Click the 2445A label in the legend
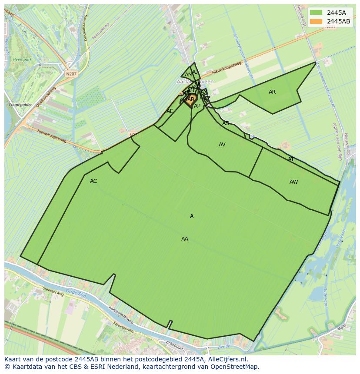tap(337, 13)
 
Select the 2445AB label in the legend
tap(339, 21)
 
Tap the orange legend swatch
tap(317, 21)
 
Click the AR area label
tap(272, 92)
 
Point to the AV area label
tap(222, 145)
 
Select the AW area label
tap(294, 182)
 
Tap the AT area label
tap(291, 159)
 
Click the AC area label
tap(93, 181)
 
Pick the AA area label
tap(185, 239)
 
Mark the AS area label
tap(226, 123)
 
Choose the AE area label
tap(170, 111)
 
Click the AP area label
tap(197, 106)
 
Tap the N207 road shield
tap(71, 74)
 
